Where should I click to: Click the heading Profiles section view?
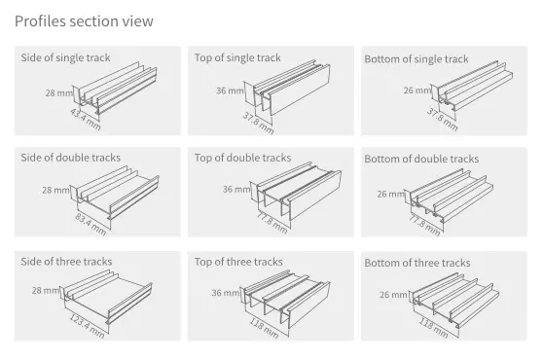coord(84,21)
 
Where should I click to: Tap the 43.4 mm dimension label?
coord(86,120)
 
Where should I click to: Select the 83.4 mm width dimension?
coord(90,225)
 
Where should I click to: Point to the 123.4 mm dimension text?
coord(87,326)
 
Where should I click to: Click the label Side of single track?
coord(65,57)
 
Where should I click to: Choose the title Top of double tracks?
coord(242,158)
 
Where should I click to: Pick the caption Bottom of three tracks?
coord(417,263)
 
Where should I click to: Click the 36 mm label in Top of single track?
coord(230,90)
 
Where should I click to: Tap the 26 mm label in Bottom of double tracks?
coord(390,194)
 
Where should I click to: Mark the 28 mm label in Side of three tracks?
coord(46,290)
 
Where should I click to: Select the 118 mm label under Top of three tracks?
coord(265,328)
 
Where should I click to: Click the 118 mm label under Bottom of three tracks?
coord(434,328)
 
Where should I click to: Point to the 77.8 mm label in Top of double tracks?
coord(271,223)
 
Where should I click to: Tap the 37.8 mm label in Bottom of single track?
coord(442,120)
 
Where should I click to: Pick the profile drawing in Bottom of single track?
coord(475,86)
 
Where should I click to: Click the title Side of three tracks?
coord(66,262)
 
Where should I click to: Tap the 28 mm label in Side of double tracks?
coord(56,190)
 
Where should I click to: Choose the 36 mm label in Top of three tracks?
coord(226,293)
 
